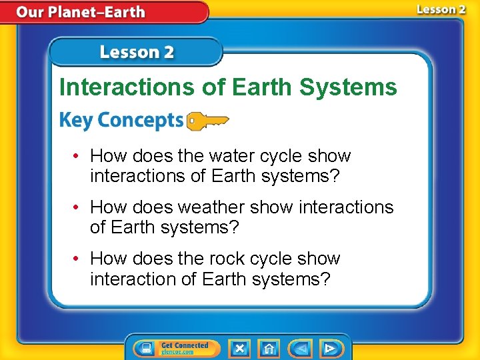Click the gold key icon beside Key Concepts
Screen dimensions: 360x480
(207, 121)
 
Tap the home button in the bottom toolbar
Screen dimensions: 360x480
(269, 348)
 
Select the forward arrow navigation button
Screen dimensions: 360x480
(329, 348)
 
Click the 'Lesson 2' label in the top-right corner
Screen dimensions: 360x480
(441, 9)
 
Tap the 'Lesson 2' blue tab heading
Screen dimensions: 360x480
(137, 52)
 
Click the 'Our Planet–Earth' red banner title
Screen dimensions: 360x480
(81, 12)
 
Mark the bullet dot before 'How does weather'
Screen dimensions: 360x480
(78, 208)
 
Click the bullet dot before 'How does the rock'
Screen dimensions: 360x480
(78, 259)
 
